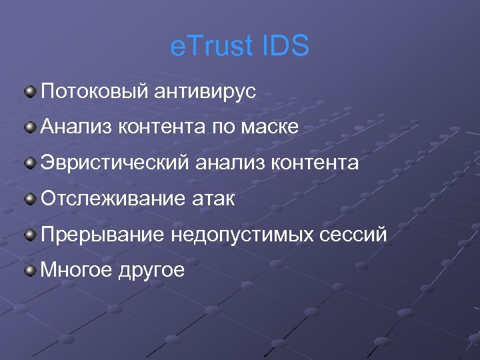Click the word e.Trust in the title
point(207,47)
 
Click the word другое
point(151,271)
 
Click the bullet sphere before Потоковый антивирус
point(30,91)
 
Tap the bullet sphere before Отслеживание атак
point(30,199)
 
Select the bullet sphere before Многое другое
point(30,270)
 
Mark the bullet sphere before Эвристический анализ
point(30,163)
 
